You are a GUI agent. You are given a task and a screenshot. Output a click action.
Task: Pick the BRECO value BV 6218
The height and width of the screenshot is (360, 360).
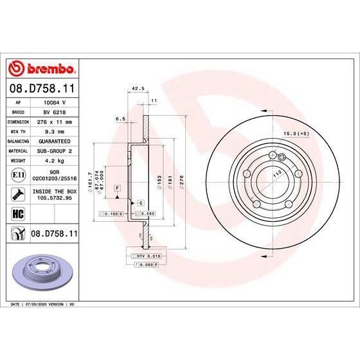tap(54, 111)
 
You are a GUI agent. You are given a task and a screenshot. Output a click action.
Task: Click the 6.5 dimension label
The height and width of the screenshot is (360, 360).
tap(120, 119)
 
